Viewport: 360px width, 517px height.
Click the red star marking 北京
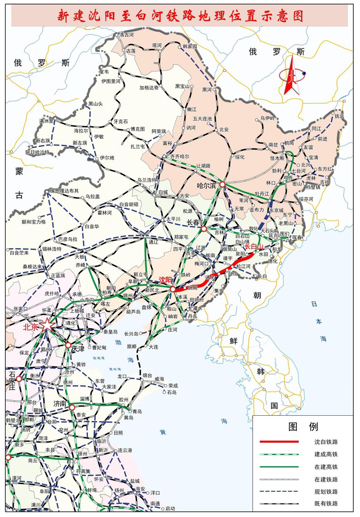click(47, 325)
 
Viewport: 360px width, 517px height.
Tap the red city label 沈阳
click(165, 281)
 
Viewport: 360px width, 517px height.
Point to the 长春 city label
click(192, 223)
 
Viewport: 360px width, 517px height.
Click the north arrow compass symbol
click(292, 76)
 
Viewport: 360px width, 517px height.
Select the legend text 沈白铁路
click(326, 442)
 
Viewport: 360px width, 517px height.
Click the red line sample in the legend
click(279, 442)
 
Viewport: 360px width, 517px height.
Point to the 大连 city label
click(154, 347)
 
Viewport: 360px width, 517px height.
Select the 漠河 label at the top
click(126, 35)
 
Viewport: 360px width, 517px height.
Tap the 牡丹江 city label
click(262, 194)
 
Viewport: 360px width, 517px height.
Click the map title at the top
click(179, 16)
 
